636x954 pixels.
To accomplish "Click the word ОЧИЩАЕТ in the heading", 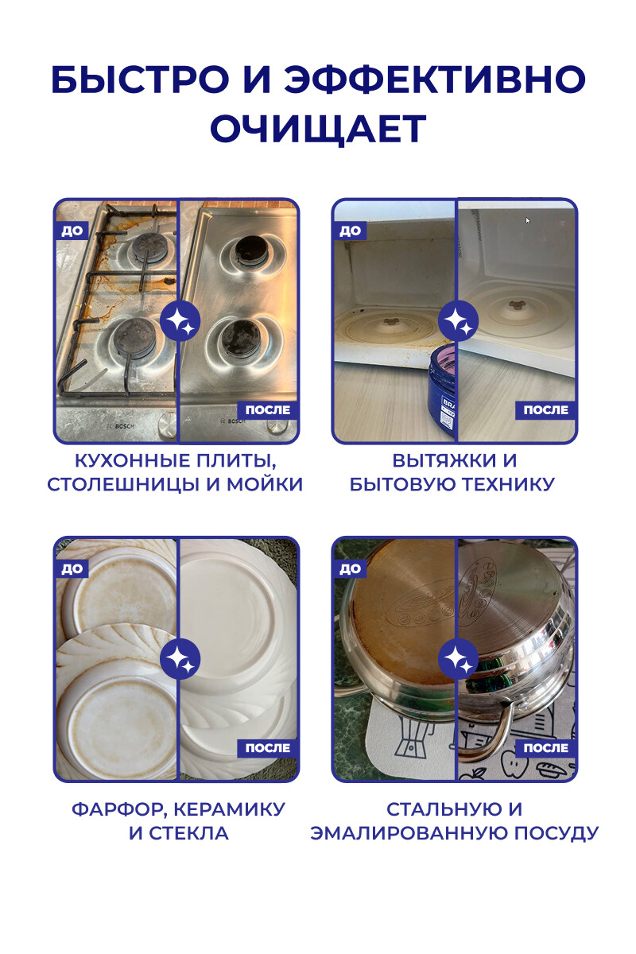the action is [318, 129].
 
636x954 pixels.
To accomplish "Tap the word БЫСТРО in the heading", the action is [140, 79].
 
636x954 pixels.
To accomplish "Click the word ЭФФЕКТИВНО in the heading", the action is [435, 79].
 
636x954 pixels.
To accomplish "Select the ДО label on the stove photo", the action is [72, 231].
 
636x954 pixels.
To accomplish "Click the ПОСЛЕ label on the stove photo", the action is [268, 410].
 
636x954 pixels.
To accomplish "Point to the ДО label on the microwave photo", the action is [350, 231].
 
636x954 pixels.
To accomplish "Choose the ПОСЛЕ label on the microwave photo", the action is [545, 410].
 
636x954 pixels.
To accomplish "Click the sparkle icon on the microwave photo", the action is [458, 321].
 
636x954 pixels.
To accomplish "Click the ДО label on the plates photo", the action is [72, 568].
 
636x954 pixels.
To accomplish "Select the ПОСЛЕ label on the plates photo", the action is [268, 748].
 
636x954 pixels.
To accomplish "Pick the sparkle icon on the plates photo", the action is [180, 658].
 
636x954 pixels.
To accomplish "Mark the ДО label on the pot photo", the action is [350, 568].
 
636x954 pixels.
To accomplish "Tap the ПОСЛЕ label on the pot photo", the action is [545, 748].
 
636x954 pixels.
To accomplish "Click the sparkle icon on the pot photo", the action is [458, 658].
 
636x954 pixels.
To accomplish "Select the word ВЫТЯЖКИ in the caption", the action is [438, 461].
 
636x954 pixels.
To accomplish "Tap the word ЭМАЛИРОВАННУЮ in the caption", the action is [406, 833].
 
